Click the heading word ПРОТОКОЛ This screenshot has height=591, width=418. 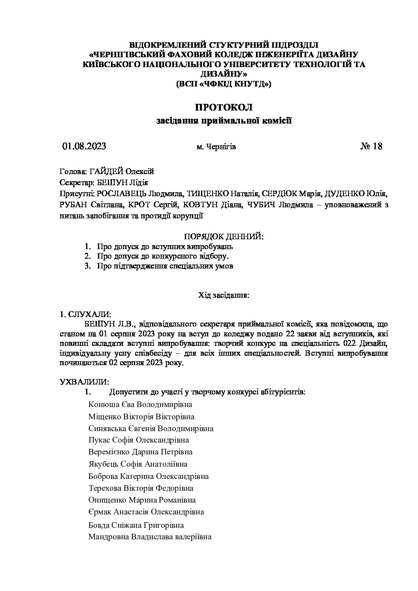[x=224, y=107]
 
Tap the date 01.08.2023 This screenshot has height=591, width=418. [x=84, y=146]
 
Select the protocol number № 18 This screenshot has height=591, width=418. [x=371, y=146]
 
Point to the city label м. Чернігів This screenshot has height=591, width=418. [x=216, y=147]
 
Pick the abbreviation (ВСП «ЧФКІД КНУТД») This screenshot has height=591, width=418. [x=224, y=84]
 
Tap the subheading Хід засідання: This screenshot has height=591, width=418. [x=224, y=295]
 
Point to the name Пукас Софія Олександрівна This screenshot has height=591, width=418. [x=139, y=440]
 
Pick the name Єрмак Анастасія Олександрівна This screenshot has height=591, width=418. [x=146, y=512]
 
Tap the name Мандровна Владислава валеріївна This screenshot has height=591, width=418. [x=150, y=537]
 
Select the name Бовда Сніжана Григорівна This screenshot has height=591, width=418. [x=136, y=525]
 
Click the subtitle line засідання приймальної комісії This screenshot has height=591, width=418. [x=224, y=121]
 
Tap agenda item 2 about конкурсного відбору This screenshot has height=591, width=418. [x=162, y=256]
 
